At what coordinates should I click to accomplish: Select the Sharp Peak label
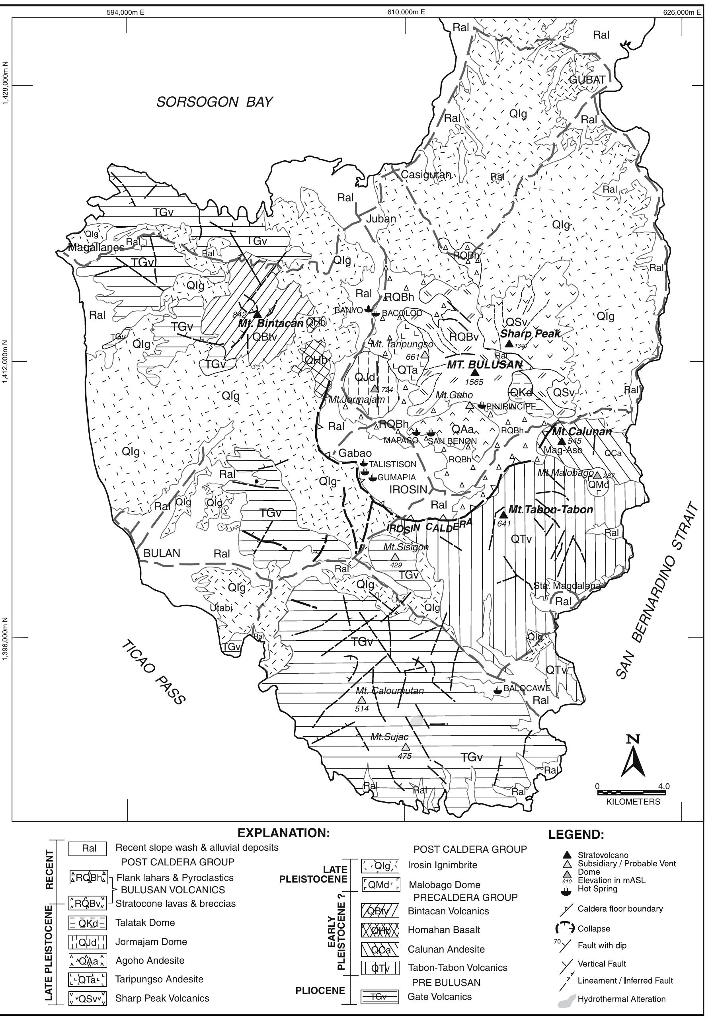pyautogui.click(x=530, y=333)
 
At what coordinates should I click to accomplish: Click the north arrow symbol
pyautogui.click(x=633, y=758)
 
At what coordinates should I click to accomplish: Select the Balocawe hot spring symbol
pyautogui.click(x=497, y=691)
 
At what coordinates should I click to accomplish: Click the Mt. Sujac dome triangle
pyautogui.click(x=405, y=747)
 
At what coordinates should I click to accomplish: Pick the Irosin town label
pyautogui.click(x=408, y=489)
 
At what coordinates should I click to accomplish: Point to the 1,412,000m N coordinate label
pyautogui.click(x=5, y=361)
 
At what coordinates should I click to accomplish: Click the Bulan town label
pyautogui.click(x=162, y=553)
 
